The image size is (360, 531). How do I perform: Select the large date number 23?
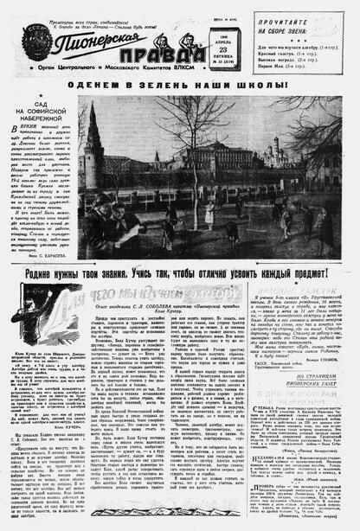pyautogui.click(x=227, y=47)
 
